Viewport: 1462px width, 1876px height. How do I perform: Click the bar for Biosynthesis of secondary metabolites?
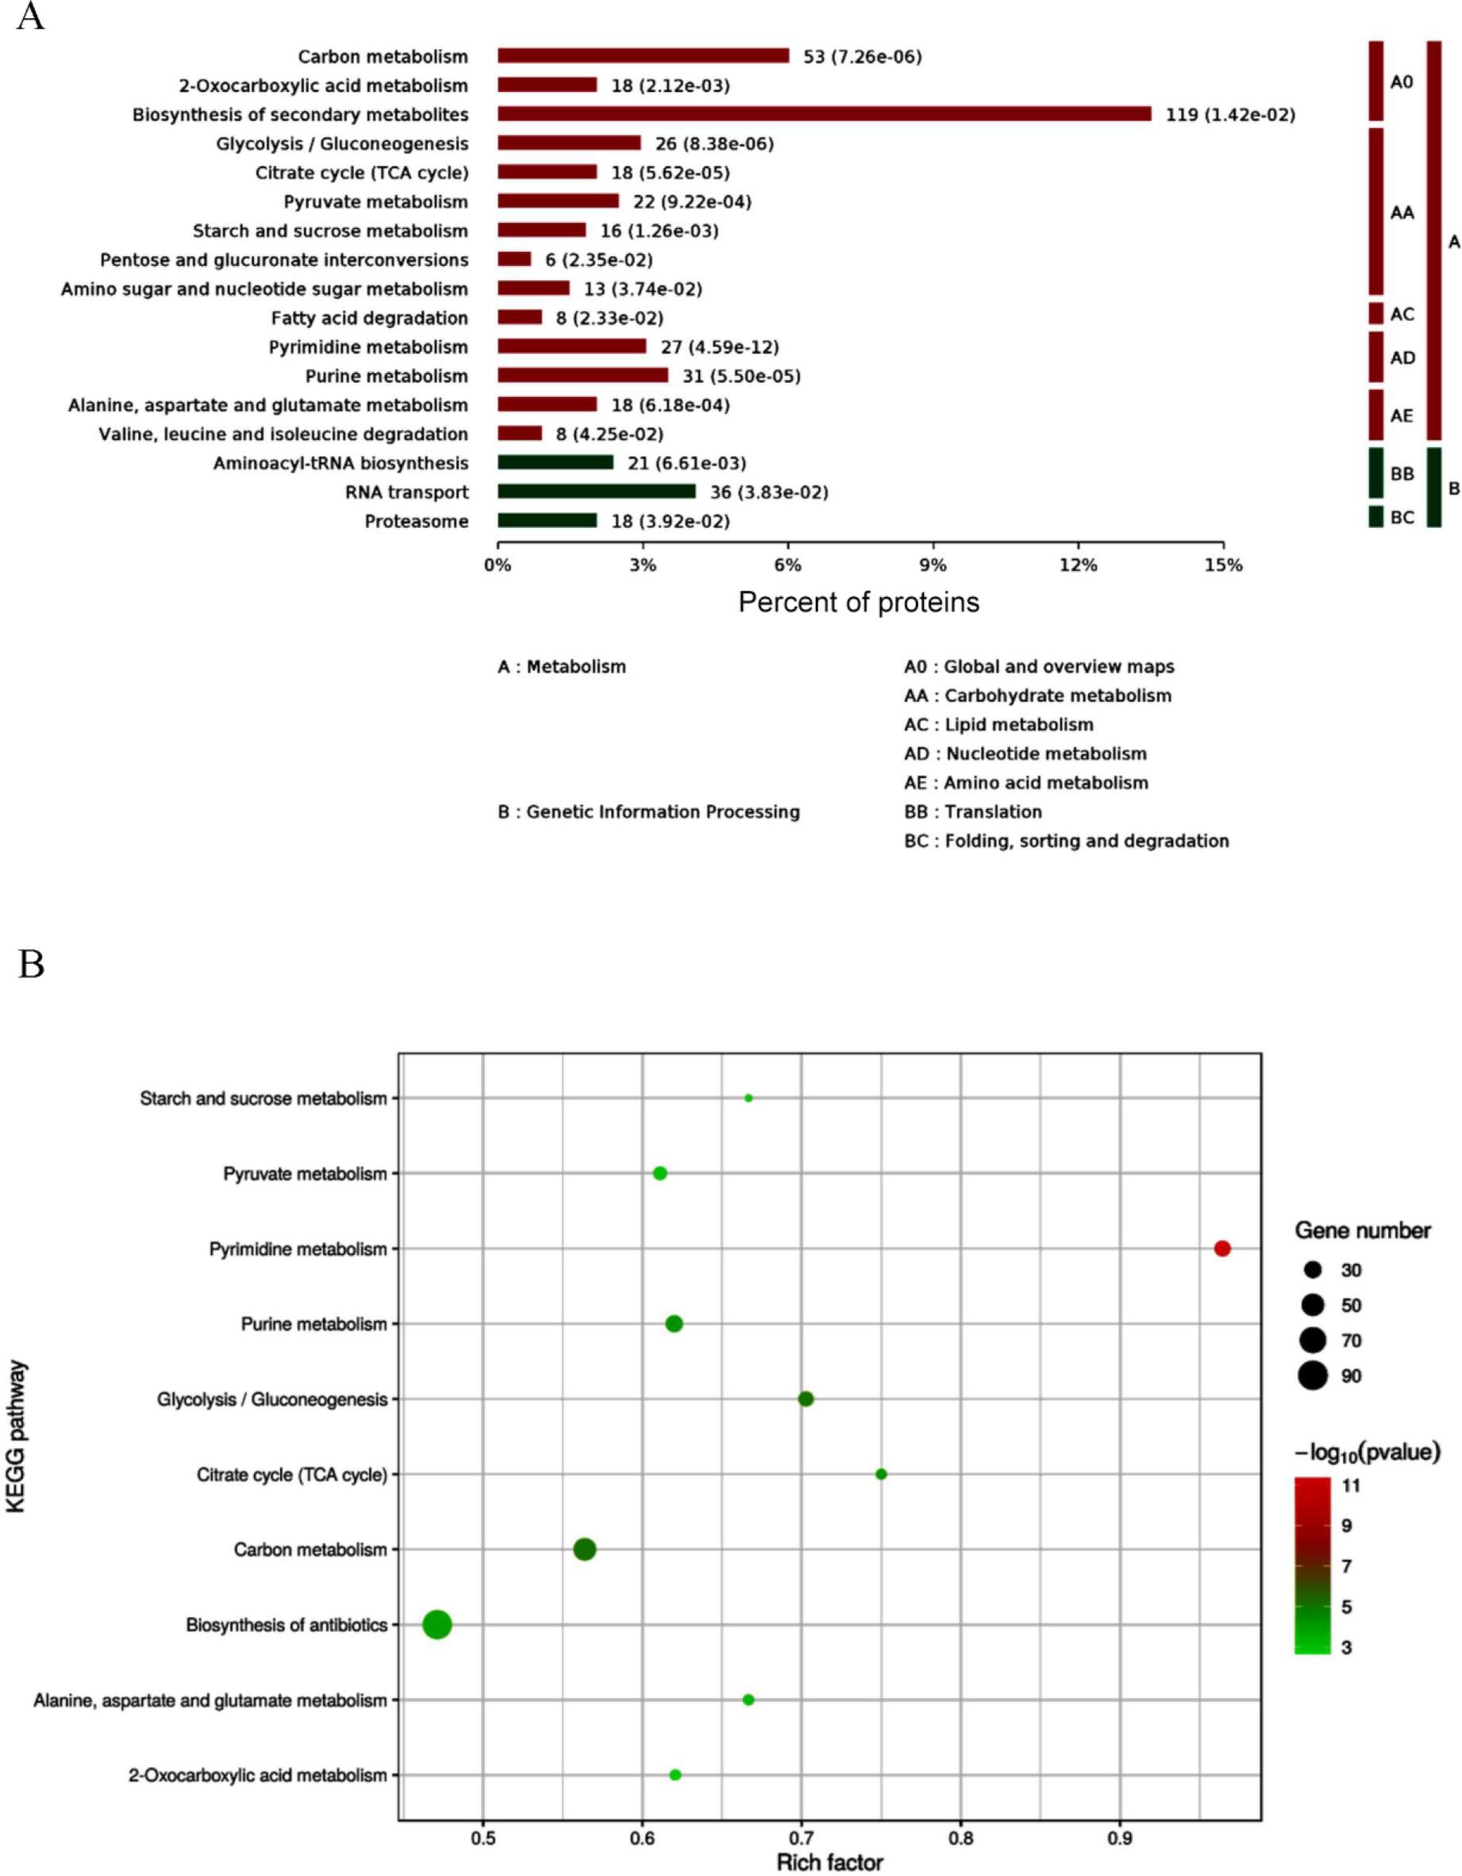pos(824,114)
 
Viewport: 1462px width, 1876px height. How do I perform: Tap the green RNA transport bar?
pos(596,491)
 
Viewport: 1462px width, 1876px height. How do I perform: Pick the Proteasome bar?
pos(546,521)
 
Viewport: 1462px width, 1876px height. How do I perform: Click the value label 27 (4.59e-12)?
pos(719,347)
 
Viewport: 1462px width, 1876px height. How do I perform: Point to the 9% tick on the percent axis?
pos(933,565)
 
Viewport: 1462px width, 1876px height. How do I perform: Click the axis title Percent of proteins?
pos(858,602)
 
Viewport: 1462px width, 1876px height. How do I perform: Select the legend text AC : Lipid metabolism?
pos(998,724)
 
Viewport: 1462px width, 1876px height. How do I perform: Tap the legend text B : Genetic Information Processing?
pos(648,811)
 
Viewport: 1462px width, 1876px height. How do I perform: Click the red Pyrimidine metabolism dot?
pos(1222,1248)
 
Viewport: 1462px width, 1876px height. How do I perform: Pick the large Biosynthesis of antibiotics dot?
pos(437,1624)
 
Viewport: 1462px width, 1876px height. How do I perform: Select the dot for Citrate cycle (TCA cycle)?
pos(880,1474)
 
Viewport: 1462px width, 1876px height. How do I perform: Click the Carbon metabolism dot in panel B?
pos(584,1550)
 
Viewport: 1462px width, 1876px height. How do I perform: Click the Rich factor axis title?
pos(829,1863)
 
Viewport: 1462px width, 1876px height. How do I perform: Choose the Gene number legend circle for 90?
pos(1313,1375)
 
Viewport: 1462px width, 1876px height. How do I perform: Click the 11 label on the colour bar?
pos(1351,1485)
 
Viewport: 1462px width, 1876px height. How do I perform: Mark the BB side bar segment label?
pos(1402,474)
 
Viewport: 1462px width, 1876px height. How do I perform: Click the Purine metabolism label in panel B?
pos(314,1323)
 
